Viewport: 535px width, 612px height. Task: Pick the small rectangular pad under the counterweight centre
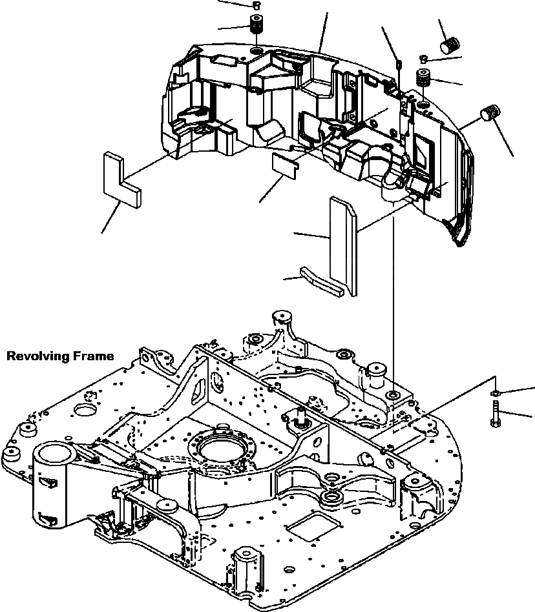(284, 165)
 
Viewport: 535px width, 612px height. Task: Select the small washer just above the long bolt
(495, 393)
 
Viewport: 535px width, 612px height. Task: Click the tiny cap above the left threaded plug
(257, 6)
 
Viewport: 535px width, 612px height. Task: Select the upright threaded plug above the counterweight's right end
(424, 79)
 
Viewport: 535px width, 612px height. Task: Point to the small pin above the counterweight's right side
(399, 64)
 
